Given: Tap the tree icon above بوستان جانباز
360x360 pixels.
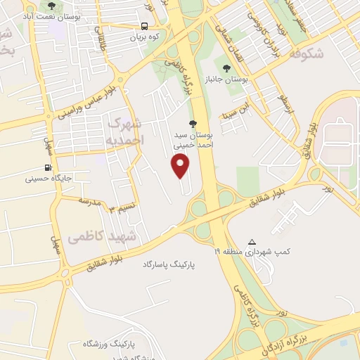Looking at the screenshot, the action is coord(226,68).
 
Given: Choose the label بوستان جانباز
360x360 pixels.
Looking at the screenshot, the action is coord(226,79).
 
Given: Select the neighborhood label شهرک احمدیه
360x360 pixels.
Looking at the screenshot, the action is coord(127,131).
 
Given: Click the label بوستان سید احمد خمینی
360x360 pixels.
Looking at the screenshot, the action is coord(193,138).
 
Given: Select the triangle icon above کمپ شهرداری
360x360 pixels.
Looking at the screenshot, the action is coord(252,241).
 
